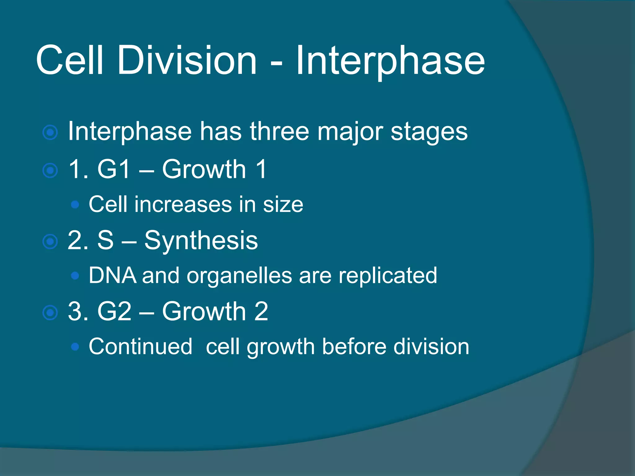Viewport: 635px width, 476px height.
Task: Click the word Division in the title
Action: (x=187, y=60)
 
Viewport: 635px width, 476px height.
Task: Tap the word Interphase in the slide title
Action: (x=390, y=61)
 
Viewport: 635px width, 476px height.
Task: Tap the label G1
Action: (x=113, y=169)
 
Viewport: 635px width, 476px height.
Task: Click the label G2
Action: (x=114, y=311)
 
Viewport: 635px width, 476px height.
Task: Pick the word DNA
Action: (x=113, y=275)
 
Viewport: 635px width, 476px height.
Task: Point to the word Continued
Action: (x=140, y=346)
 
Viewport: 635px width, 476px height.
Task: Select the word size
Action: (x=283, y=205)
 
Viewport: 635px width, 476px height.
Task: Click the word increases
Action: (x=183, y=205)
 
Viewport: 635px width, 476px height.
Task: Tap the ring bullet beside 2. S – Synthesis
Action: (x=50, y=242)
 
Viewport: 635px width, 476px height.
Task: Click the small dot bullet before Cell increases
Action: (x=75, y=205)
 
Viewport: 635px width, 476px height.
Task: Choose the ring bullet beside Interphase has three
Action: (x=50, y=133)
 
